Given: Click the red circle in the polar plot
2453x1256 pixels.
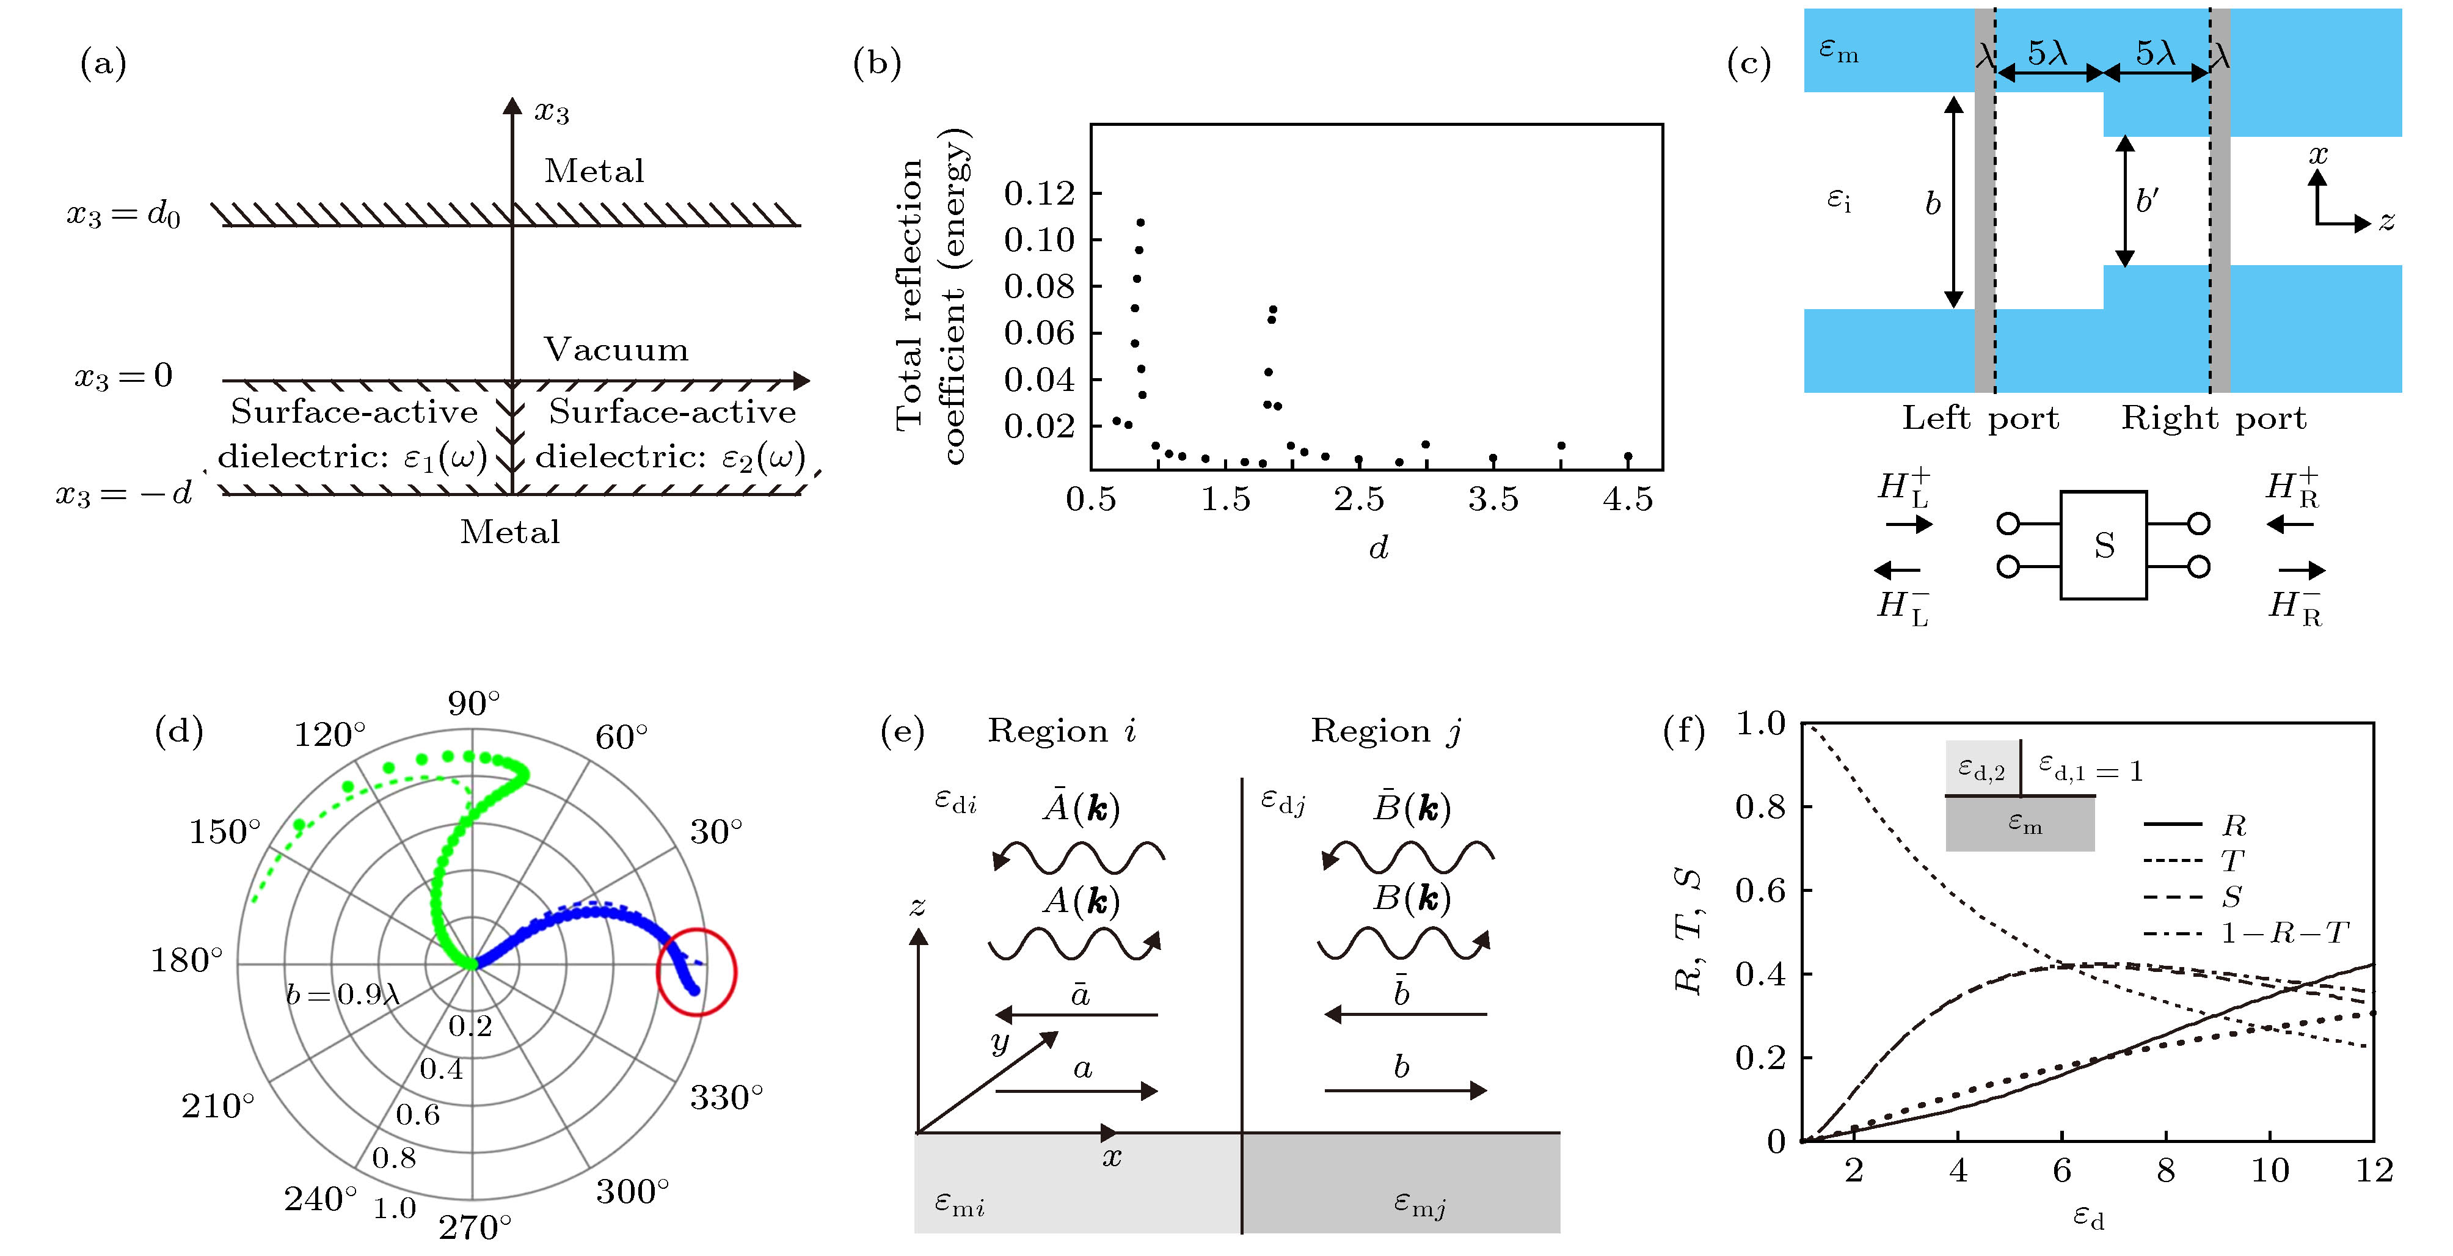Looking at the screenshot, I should pos(697,971).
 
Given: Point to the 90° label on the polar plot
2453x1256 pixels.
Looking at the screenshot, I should pos(473,704).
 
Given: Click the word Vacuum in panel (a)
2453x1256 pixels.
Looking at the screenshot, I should pos(615,349).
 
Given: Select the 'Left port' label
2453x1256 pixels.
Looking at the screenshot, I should pos(1980,418).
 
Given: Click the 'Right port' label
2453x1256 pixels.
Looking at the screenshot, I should pos(2213,418).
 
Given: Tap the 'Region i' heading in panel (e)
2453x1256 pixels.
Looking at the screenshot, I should pos(1062,731).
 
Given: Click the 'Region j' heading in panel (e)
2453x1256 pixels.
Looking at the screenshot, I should pos(1385,731).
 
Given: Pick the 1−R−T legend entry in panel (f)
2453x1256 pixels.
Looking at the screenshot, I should pos(2283,932).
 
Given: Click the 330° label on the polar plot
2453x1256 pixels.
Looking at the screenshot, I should pos(726,1098).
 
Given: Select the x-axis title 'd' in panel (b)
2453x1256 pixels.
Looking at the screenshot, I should pos(1378,547).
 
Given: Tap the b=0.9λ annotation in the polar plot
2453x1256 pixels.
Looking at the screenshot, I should pos(342,995).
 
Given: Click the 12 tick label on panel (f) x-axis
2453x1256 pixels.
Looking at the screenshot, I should pos(2373,1170).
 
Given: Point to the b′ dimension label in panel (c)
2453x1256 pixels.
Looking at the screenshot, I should pos(2146,201).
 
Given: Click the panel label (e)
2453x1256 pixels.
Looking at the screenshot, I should pos(901,731).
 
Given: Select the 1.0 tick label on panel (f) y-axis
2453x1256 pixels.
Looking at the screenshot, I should pos(1760,725).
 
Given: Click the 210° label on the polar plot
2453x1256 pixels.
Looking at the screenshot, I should pos(218,1106).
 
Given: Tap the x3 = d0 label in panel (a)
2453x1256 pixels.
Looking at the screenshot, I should pos(123,215).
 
